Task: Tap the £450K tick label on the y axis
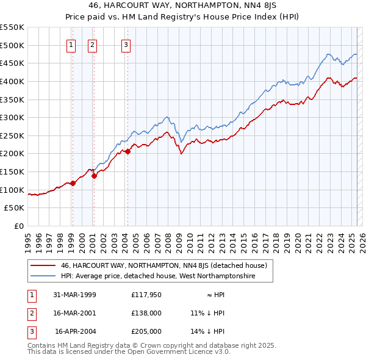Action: (12, 63)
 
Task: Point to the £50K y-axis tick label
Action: (14, 208)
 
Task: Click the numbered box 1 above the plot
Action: (71, 44)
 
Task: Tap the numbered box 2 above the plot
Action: (92, 44)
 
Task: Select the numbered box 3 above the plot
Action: (126, 44)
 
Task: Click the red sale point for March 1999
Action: (73, 182)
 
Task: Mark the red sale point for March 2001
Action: (94, 176)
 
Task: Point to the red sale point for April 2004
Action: (127, 151)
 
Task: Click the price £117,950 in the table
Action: (146, 295)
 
